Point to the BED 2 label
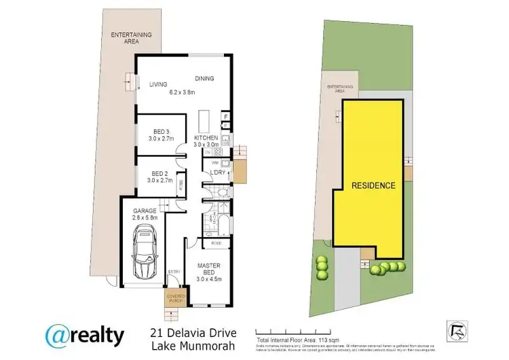pyautogui.click(x=160, y=173)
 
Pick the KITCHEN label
pyautogui.click(x=206, y=138)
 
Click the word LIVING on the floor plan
pyautogui.click(x=159, y=84)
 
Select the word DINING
pyautogui.click(x=204, y=77)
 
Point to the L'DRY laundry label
pyautogui.click(x=217, y=173)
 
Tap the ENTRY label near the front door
pyautogui.click(x=174, y=272)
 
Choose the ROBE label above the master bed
pyautogui.click(x=216, y=242)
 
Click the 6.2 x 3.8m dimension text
pyautogui.click(x=182, y=92)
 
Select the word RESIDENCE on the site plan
pyautogui.click(x=373, y=185)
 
